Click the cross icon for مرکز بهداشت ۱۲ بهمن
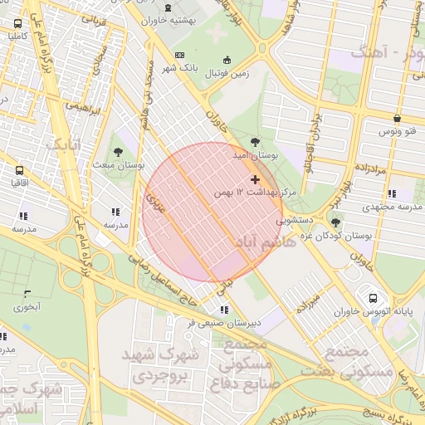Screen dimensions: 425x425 point(254,179)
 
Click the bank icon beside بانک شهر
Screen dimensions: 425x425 point(179,56)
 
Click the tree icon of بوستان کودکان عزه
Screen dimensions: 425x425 point(335,222)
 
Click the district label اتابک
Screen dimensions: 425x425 point(63,144)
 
